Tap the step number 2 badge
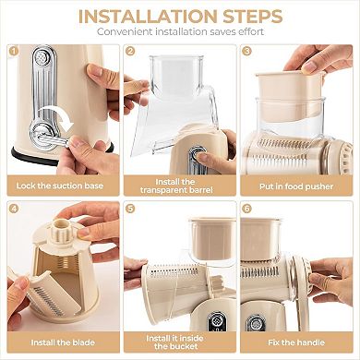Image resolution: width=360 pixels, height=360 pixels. click(130, 53)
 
